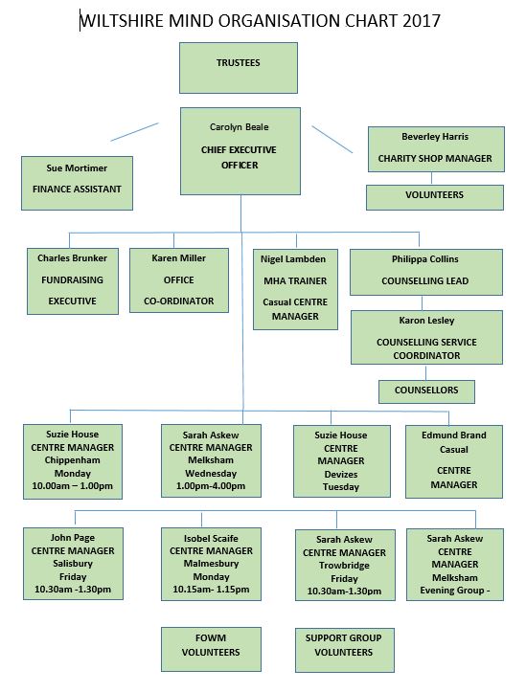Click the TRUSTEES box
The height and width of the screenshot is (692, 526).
click(238, 68)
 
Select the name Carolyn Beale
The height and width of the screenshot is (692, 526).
click(239, 127)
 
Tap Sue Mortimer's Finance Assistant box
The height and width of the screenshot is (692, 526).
click(77, 183)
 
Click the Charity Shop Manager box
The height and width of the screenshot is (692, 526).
click(436, 149)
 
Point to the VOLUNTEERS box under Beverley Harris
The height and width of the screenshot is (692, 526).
click(435, 197)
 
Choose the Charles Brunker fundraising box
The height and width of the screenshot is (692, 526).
click(73, 281)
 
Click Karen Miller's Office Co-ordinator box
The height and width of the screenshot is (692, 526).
click(179, 280)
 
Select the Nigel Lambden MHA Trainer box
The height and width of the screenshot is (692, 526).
click(295, 289)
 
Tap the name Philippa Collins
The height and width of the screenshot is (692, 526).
click(424, 259)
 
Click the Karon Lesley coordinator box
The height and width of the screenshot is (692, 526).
click(426, 337)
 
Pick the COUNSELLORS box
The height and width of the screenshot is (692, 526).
click(426, 391)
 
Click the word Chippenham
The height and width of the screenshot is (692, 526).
click(73, 460)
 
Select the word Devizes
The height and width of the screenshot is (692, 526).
click(341, 475)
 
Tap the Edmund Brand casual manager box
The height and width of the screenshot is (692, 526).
click(454, 461)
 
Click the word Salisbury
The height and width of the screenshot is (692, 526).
click(73, 564)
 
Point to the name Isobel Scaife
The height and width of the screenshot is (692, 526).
click(211, 539)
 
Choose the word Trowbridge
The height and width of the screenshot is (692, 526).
click(345, 566)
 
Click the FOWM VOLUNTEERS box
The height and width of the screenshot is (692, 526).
click(211, 649)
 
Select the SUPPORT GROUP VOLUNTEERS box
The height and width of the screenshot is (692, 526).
click(345, 650)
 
